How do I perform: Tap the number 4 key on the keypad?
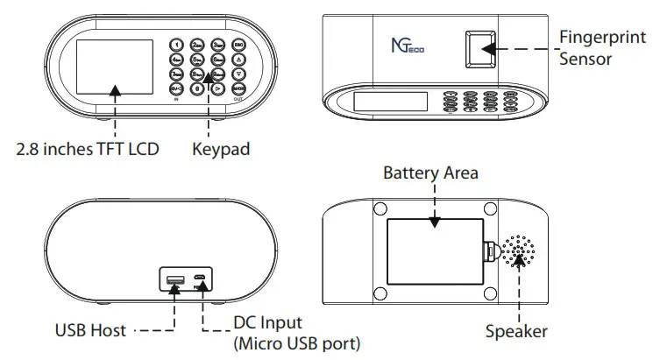(175, 60)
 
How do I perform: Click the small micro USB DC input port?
(201, 280)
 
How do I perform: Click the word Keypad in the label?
(221, 149)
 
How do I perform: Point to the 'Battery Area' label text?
(430, 173)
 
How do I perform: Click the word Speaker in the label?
(517, 332)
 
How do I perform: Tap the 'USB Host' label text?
(89, 330)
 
